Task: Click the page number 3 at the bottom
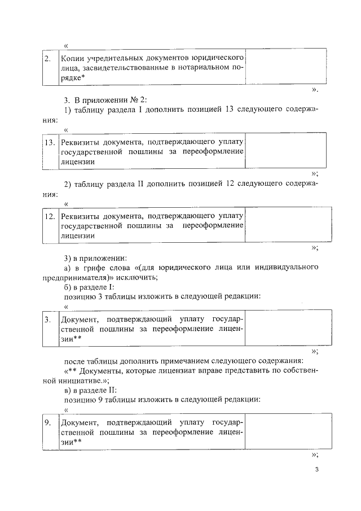pos(317,469)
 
